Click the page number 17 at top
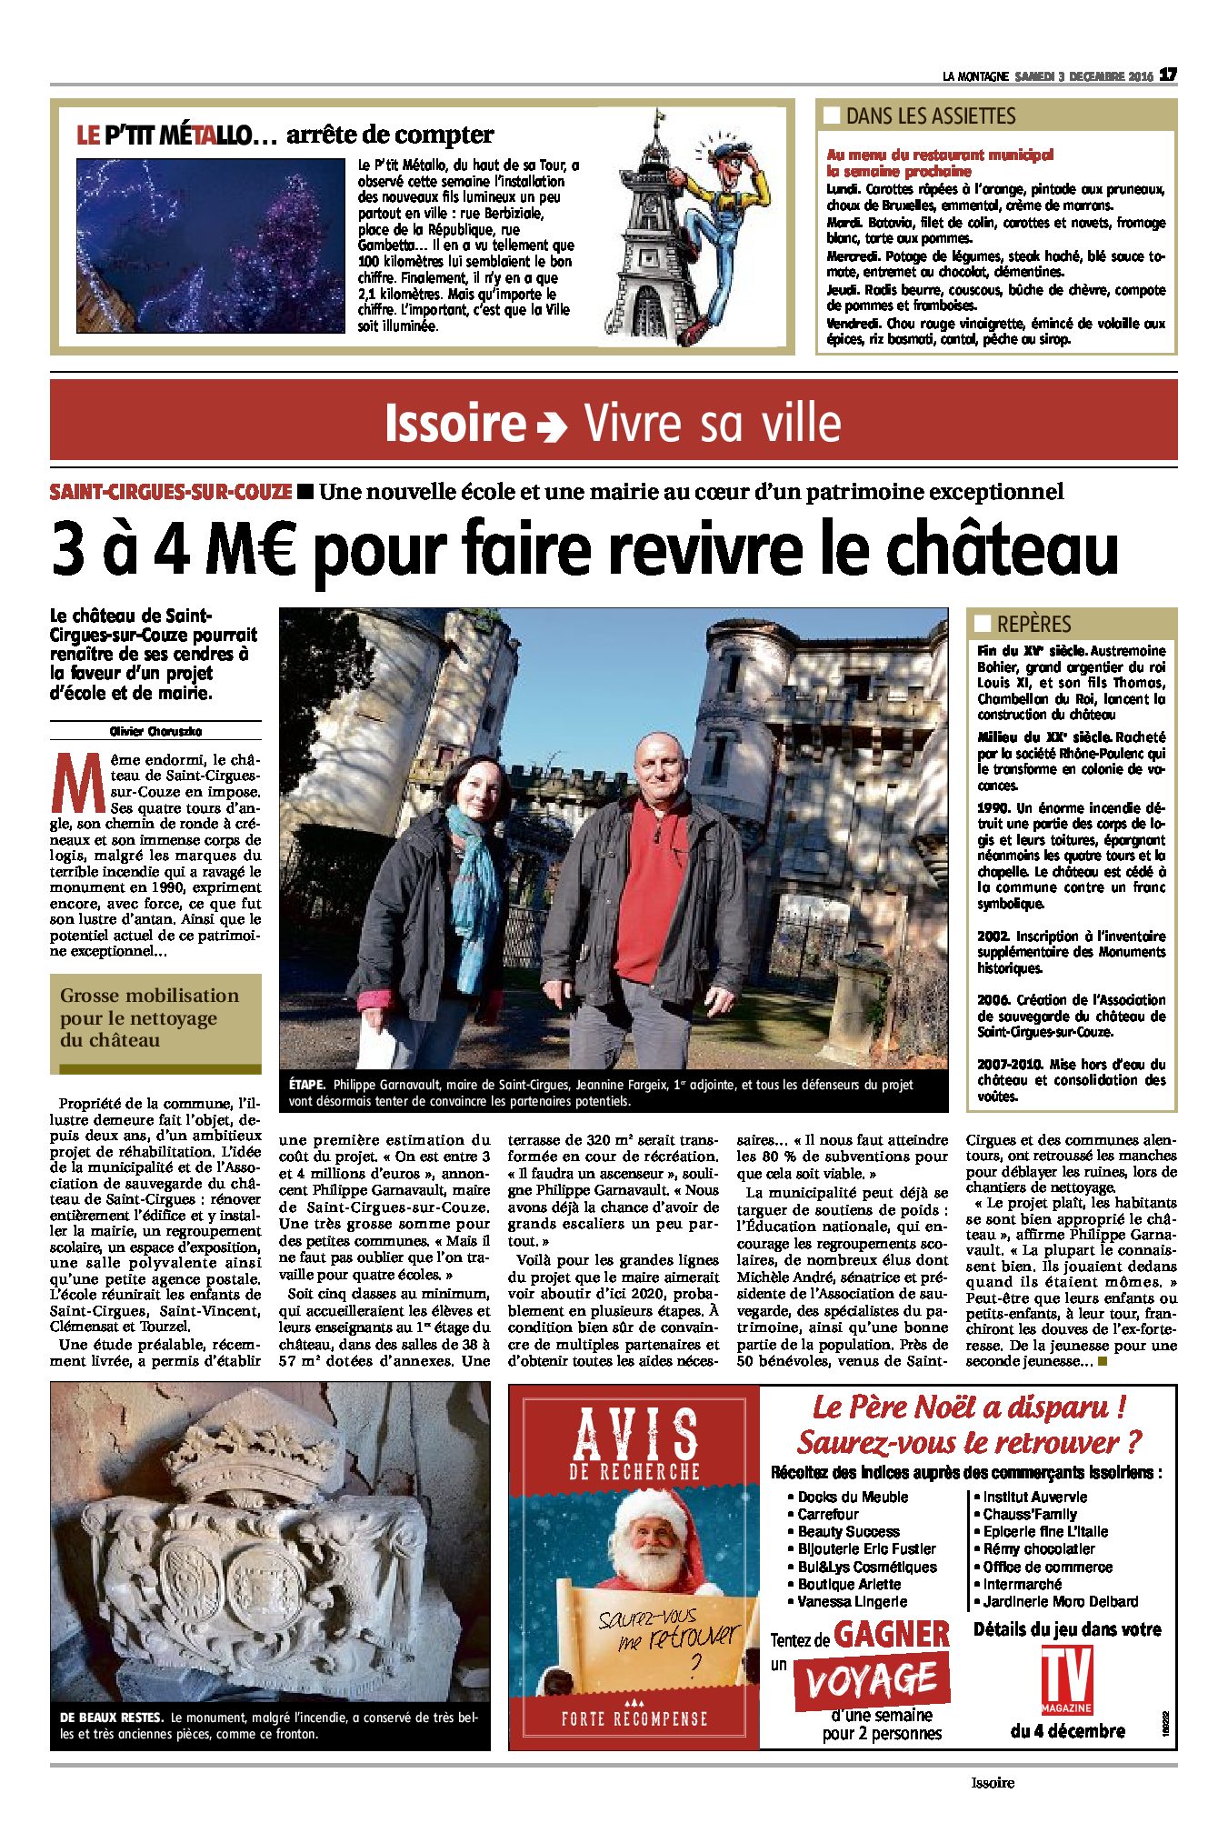tap(1169, 75)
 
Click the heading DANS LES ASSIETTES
tap(930, 116)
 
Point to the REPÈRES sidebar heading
tap(1033, 625)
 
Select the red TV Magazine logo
tap(1066, 1678)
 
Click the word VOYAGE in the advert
tap(871, 1680)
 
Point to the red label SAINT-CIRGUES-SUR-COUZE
tap(171, 492)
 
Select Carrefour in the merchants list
tap(828, 1514)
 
